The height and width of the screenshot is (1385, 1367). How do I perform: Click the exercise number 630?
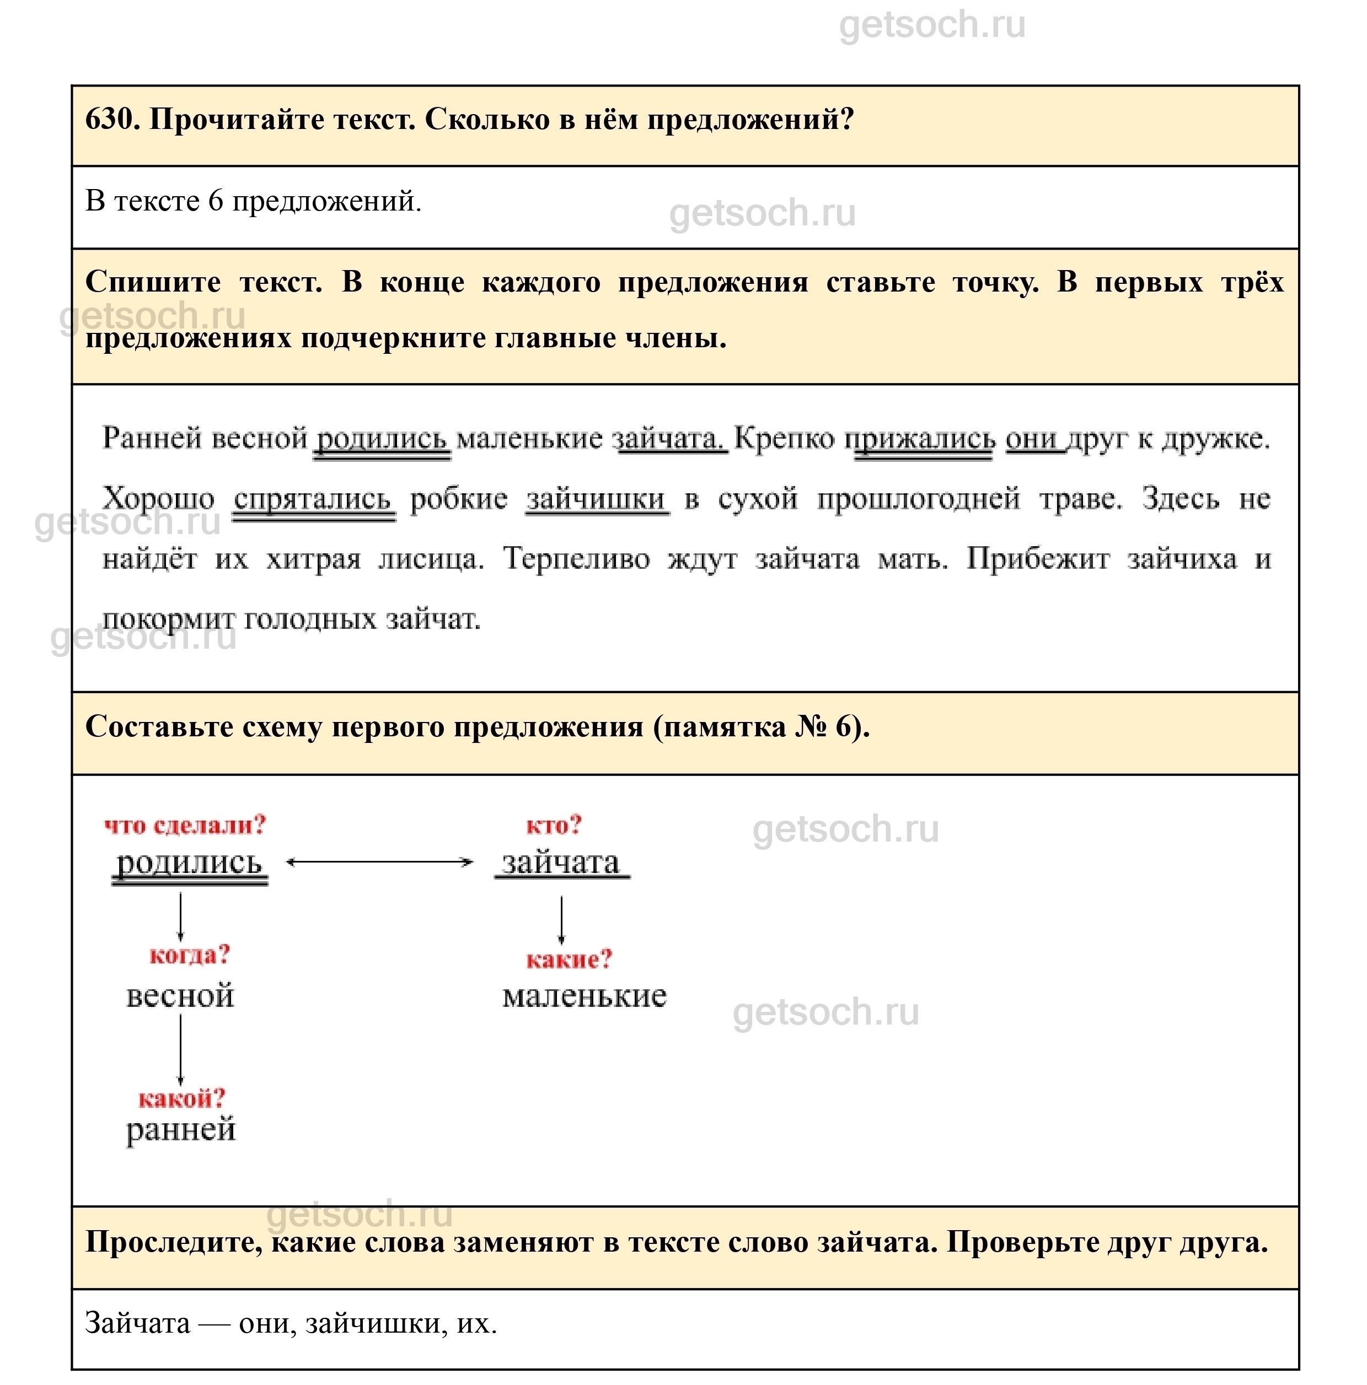(x=111, y=120)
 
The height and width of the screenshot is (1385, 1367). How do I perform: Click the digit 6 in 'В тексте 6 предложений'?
(x=215, y=202)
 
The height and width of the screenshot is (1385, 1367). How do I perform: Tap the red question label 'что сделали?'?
(x=185, y=825)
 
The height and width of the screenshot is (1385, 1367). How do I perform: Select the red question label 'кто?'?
(x=553, y=825)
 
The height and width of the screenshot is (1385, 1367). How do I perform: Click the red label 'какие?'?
(x=569, y=959)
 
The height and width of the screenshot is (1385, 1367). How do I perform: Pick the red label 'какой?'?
(x=181, y=1098)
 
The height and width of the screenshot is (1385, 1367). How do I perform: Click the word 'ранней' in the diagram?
(x=181, y=1130)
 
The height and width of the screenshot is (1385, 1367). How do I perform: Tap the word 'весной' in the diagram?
(x=180, y=996)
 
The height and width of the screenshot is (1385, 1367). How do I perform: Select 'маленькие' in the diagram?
(x=584, y=996)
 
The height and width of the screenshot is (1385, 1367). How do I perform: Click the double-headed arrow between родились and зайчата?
(x=379, y=863)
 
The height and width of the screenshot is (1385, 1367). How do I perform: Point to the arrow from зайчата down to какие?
(x=561, y=920)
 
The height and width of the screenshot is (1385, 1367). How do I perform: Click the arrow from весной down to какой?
(x=180, y=1051)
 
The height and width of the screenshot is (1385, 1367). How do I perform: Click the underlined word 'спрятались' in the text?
(x=313, y=499)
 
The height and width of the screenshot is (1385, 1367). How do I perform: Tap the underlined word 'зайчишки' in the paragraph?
(x=596, y=499)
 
